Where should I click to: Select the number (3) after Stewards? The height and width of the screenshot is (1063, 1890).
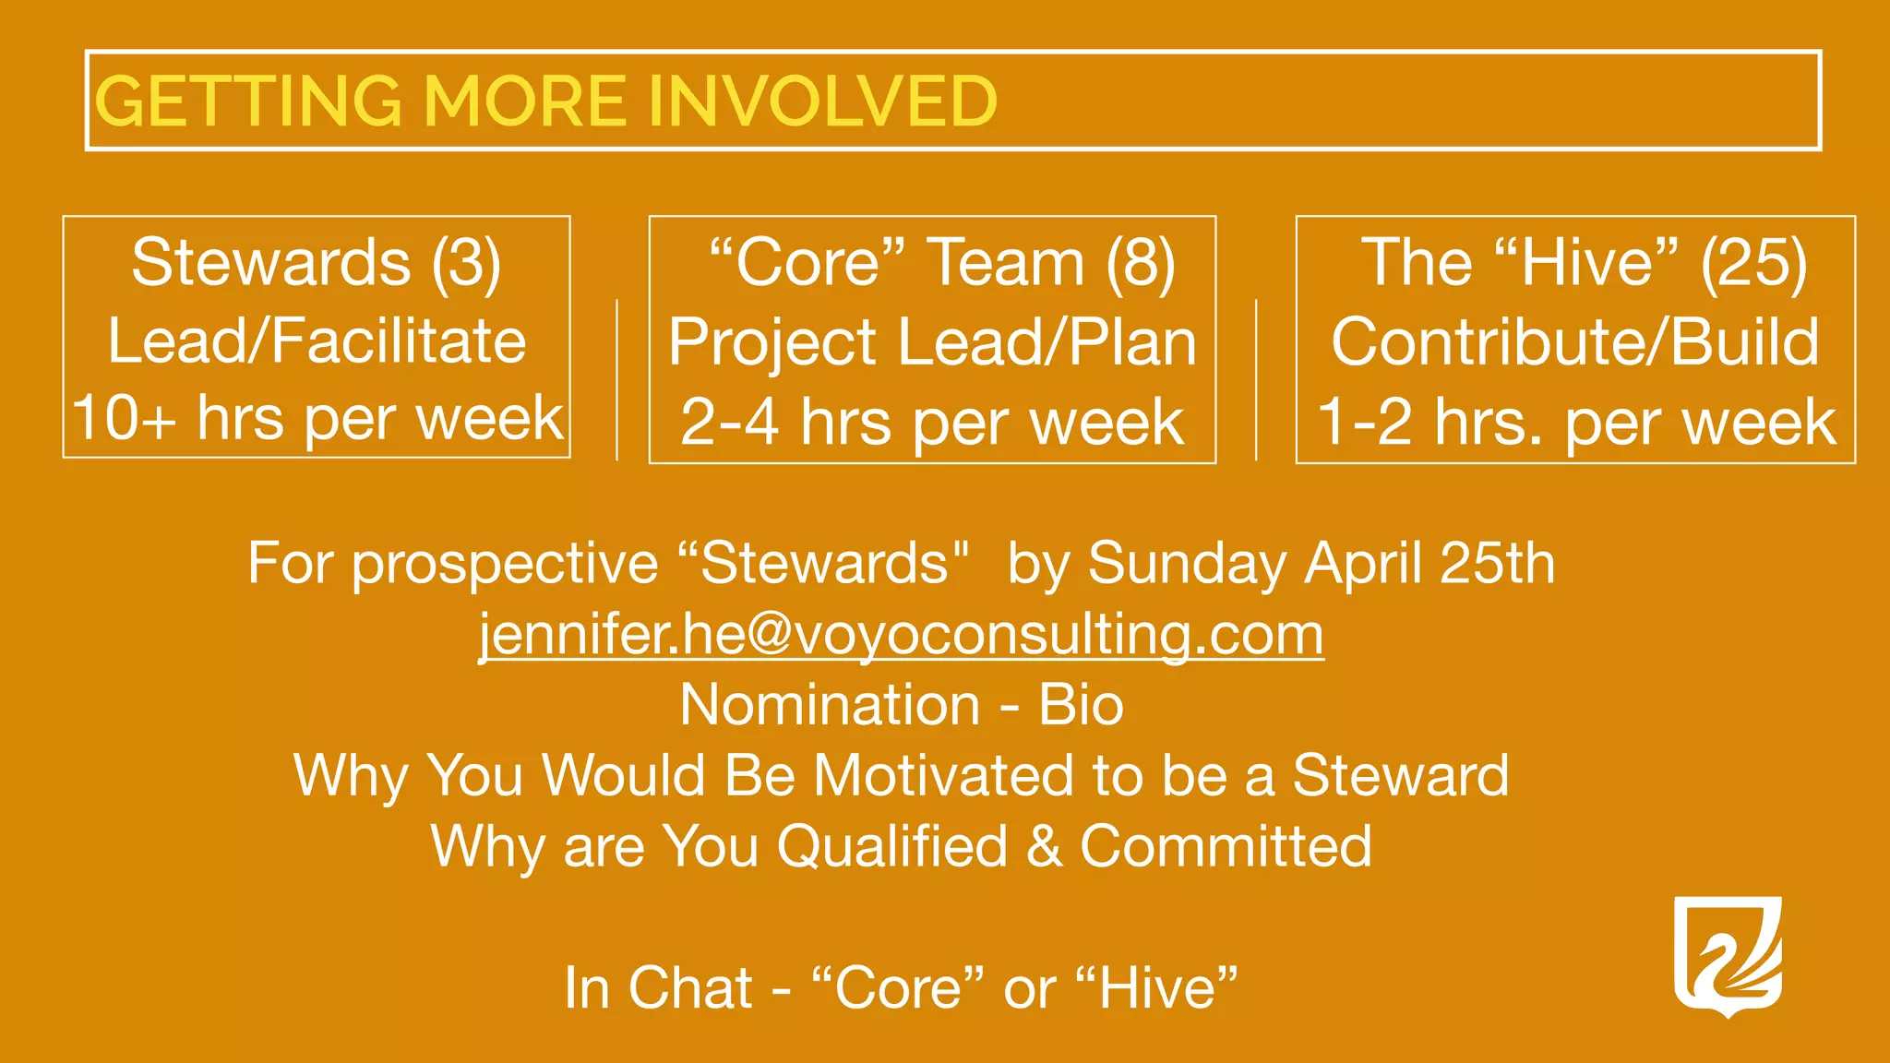[x=467, y=263]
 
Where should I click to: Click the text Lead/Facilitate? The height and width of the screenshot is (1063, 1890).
[x=317, y=341]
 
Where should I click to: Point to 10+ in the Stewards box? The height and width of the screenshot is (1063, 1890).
[x=124, y=419]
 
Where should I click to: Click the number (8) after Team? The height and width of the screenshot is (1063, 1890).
[x=1141, y=263]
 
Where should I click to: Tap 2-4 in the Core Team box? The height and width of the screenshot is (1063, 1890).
[x=729, y=423]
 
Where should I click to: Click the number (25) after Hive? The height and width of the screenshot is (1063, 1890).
[x=1753, y=263]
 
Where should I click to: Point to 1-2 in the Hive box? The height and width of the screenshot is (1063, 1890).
[x=1364, y=423]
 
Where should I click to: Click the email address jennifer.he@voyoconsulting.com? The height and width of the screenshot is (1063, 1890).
[x=901, y=635]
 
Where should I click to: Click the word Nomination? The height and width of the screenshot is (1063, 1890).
[x=830, y=706]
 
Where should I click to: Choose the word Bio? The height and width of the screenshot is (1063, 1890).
[x=1081, y=706]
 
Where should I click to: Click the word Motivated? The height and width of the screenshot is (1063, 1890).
[x=944, y=775]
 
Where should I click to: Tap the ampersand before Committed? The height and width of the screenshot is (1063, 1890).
[x=1044, y=846]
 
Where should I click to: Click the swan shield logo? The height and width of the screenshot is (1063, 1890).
[x=1728, y=956]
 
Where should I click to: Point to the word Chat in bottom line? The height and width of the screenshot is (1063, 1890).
[x=691, y=988]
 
